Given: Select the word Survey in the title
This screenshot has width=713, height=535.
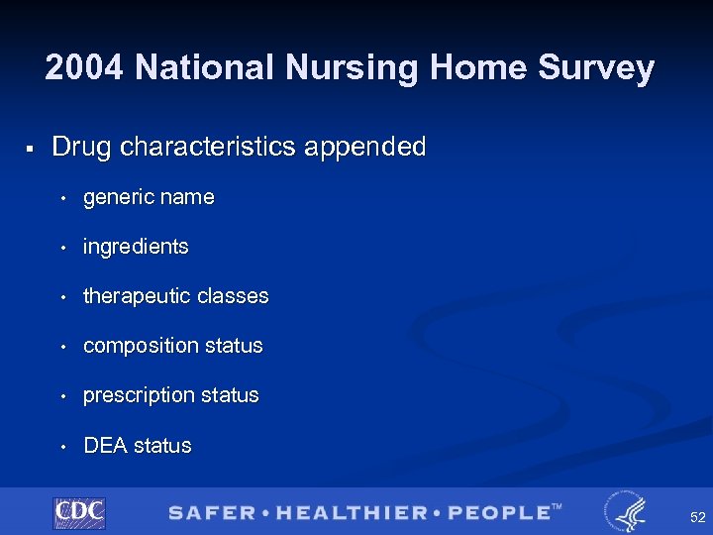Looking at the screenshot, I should pyautogui.click(x=599, y=68).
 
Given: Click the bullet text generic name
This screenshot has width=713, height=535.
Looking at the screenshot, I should pyautogui.click(x=149, y=197).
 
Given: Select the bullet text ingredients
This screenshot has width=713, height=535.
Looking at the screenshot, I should pyautogui.click(x=136, y=247).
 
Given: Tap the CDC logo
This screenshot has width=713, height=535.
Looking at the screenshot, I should pyautogui.click(x=79, y=512).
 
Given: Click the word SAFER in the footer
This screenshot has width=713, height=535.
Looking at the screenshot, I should pyautogui.click(x=210, y=512).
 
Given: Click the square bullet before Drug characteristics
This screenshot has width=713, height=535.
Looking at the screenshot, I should pyautogui.click(x=31, y=149).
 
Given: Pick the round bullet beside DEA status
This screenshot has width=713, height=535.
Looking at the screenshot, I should pyautogui.click(x=62, y=447).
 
